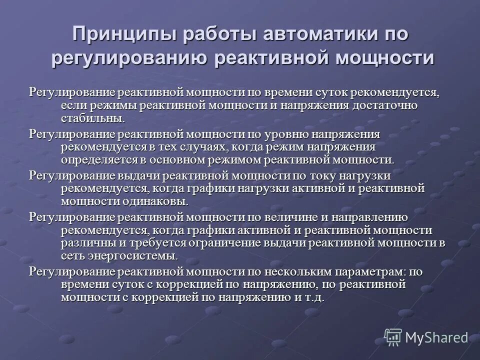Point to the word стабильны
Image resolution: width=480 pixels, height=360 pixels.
tap(92, 118)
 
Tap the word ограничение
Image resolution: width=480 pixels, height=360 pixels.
tap(229, 243)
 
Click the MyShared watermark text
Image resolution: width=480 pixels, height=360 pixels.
tap(436, 337)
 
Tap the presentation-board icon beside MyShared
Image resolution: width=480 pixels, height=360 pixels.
tap(393, 337)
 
